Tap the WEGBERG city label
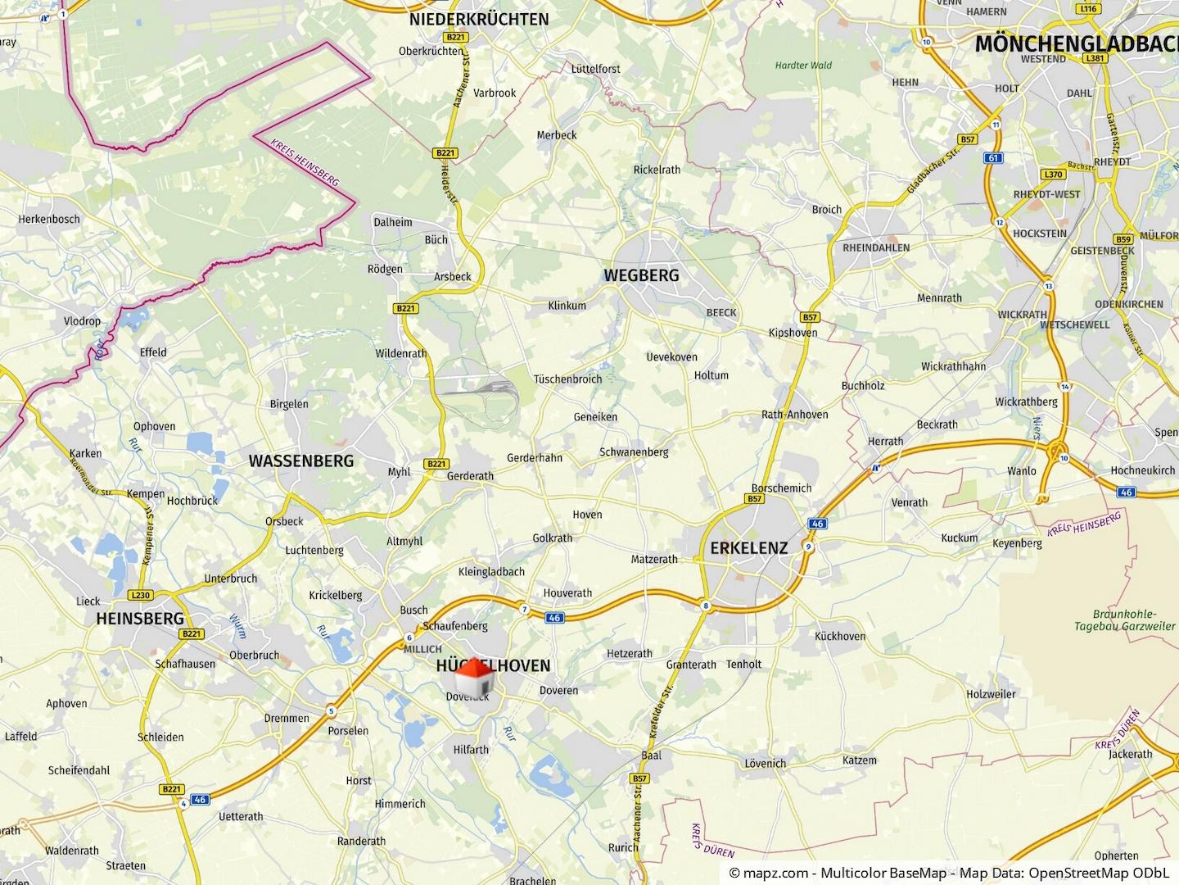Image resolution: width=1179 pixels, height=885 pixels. (641, 275)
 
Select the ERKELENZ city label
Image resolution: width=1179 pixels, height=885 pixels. (748, 548)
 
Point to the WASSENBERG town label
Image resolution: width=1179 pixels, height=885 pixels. (301, 461)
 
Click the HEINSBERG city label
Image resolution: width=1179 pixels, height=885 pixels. (140, 619)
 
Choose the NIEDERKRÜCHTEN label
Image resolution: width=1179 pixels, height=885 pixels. (479, 19)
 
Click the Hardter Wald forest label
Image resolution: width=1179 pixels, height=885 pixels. (802, 65)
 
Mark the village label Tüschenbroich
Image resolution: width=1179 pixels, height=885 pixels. (567, 379)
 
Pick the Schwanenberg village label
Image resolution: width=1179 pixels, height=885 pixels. (634, 452)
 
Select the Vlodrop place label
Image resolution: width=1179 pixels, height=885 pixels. (82, 321)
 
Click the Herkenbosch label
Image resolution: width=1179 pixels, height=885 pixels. (49, 219)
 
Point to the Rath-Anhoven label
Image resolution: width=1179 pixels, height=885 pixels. (794, 415)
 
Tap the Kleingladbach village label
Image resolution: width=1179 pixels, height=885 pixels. (491, 571)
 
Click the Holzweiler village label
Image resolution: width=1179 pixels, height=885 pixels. (991, 694)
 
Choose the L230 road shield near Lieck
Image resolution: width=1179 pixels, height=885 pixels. (141, 596)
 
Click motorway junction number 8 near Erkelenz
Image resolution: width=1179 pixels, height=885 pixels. (705, 606)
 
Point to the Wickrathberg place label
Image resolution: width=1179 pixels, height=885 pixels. (1027, 402)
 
